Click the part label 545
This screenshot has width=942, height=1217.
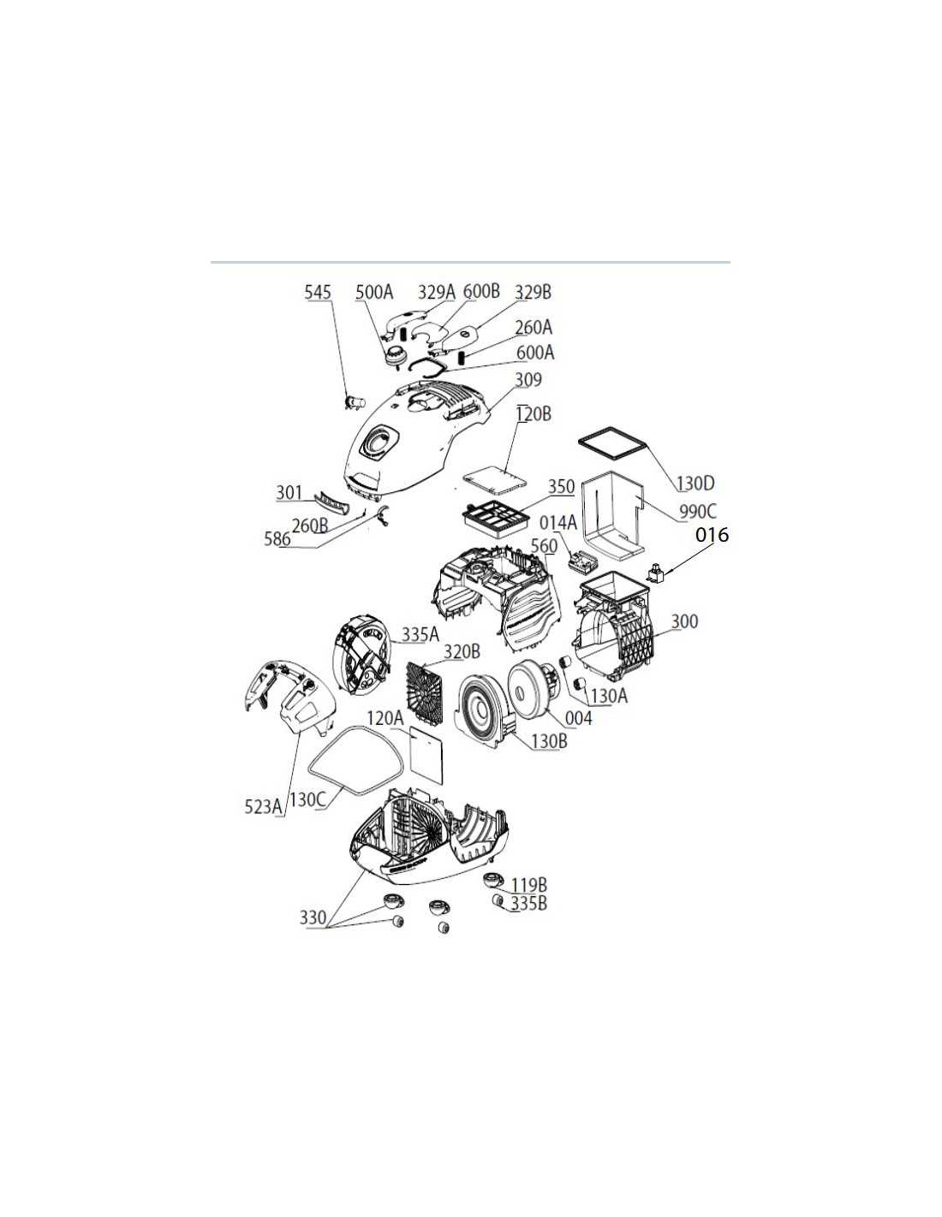(x=318, y=292)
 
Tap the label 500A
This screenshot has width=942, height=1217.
(x=373, y=292)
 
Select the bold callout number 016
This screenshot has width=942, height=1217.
(x=712, y=535)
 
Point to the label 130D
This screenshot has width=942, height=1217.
(x=695, y=483)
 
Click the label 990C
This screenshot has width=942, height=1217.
(x=698, y=511)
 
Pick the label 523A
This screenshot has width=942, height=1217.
(x=263, y=807)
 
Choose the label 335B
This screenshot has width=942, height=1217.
(x=528, y=903)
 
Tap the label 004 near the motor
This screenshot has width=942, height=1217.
(x=578, y=717)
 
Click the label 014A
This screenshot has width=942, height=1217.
(x=558, y=523)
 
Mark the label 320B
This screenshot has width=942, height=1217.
(x=462, y=652)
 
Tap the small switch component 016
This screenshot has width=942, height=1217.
(x=656, y=573)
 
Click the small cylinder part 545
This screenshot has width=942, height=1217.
(x=355, y=402)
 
